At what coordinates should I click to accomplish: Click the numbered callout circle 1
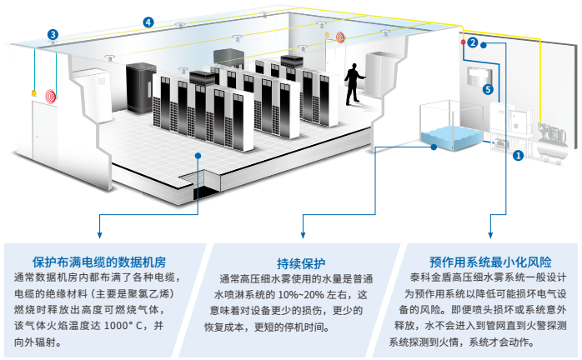518,154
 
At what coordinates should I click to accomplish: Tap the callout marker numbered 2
472,42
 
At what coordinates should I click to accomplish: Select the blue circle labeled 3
53,35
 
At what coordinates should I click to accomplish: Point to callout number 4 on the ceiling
148,22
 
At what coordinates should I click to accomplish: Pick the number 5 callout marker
488,89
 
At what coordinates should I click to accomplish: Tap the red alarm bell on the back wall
340,37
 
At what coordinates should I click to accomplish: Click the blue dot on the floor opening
197,154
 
